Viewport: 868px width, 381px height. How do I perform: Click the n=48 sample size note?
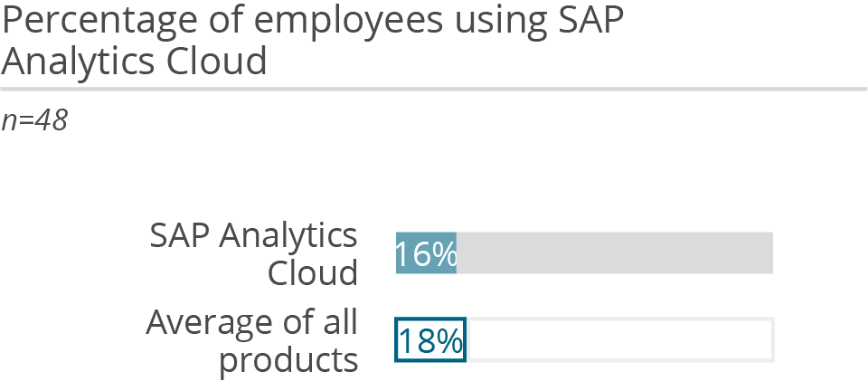coord(34,120)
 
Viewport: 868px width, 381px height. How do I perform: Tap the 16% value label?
coord(426,254)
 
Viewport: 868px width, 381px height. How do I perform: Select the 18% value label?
coord(430,340)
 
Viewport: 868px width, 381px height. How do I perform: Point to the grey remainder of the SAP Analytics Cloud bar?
coord(615,252)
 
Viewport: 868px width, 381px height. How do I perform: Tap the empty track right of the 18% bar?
coord(619,339)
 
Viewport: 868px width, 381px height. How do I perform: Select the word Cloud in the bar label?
coord(313,272)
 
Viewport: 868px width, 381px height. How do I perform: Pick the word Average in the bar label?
coord(211,322)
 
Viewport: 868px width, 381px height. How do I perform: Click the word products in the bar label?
coord(289,360)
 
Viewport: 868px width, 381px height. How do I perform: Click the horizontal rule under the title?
coord(434,90)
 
